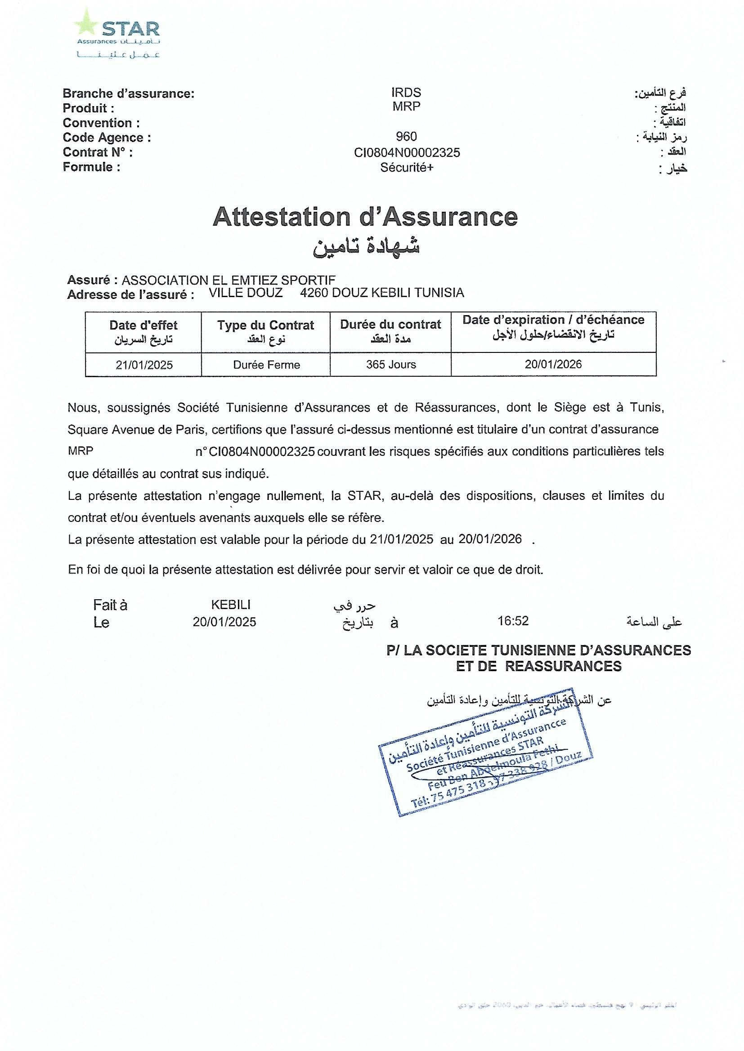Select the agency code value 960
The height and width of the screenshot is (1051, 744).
point(406,136)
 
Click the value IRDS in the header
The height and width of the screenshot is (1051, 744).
point(406,93)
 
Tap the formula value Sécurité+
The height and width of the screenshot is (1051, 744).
point(406,168)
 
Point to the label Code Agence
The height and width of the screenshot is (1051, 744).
point(107,137)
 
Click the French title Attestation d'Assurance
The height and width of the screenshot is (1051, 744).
point(365,217)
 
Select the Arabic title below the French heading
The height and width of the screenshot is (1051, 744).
point(366,246)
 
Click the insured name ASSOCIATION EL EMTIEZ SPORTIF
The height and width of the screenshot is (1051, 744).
point(228,280)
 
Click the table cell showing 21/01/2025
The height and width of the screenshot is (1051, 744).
point(144,365)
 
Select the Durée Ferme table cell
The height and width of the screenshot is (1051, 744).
point(266,365)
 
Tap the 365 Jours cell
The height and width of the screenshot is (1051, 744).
point(391,365)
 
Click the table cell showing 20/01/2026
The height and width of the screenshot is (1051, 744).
point(553,364)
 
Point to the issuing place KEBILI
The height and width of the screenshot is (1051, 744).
point(230,604)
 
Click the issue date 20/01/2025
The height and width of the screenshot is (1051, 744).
point(224,622)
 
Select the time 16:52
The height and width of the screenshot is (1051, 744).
point(513,621)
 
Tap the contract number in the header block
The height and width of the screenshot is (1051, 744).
point(407,152)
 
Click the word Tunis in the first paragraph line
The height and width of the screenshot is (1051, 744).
point(647,407)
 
